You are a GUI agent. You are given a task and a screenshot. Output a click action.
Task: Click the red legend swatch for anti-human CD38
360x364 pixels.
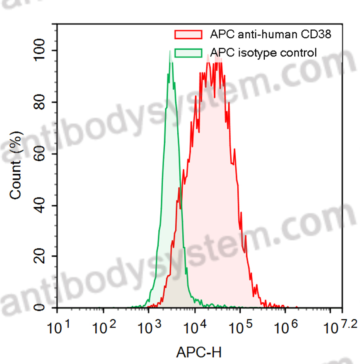[189, 34]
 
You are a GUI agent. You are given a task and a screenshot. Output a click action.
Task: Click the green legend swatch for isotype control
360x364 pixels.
[189, 53]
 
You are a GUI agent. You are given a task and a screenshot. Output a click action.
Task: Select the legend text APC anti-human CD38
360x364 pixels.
[271, 34]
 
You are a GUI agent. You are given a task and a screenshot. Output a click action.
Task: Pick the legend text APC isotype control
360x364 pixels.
[263, 53]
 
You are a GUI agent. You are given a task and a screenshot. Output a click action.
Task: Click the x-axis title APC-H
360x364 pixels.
[199, 352]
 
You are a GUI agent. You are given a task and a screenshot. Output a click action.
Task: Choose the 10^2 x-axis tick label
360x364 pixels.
[106, 328]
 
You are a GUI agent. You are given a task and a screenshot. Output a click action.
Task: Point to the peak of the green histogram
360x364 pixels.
[170, 51]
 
